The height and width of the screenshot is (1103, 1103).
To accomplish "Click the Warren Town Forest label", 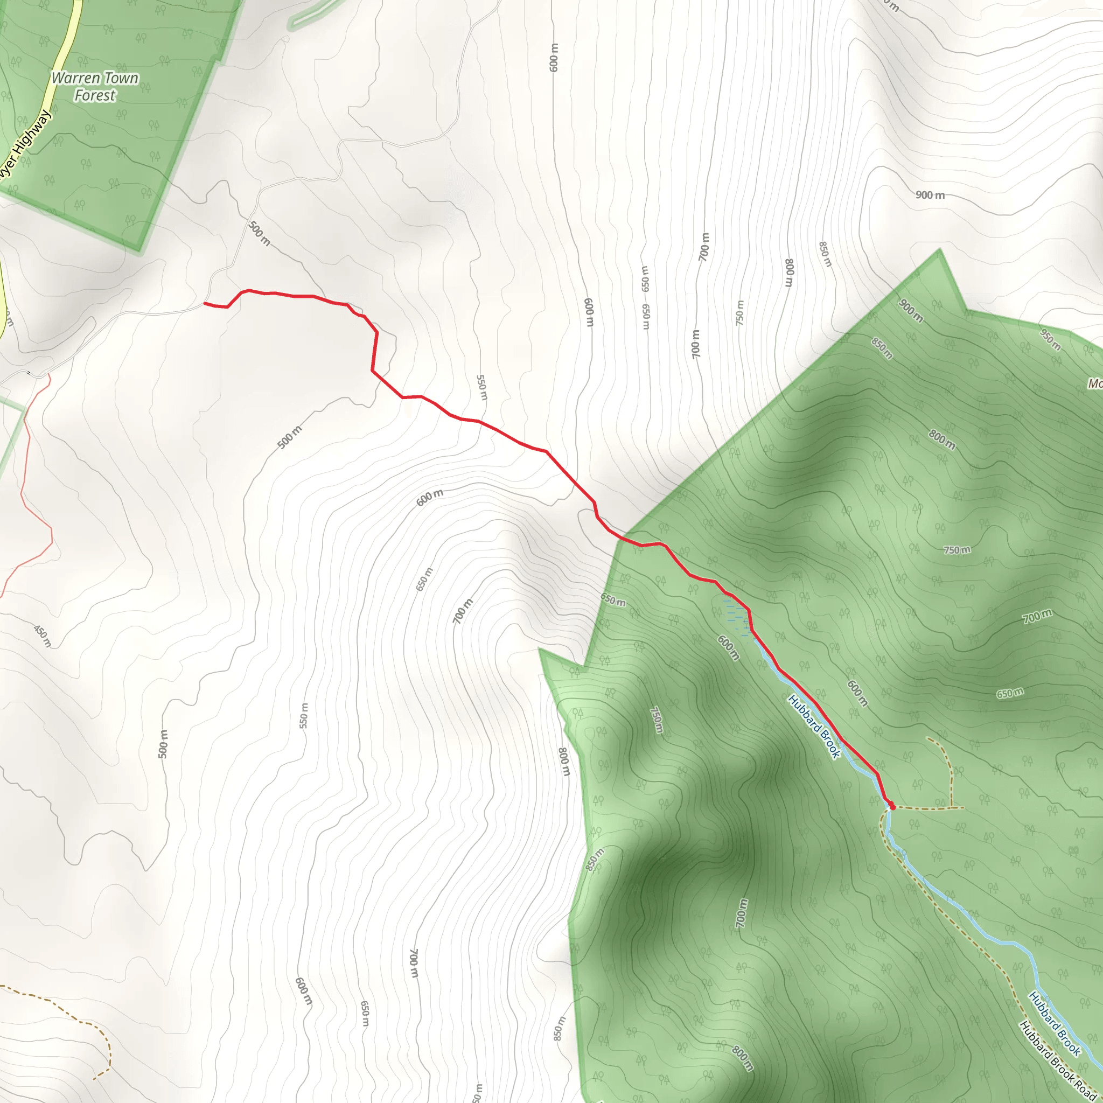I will coord(95,87).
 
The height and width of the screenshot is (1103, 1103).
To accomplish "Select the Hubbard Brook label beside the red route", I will coord(814,726).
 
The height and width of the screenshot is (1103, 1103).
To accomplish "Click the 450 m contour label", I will coord(42,636).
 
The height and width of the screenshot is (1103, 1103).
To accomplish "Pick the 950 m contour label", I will coord(1050,340).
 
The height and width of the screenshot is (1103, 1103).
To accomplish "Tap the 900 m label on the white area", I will coord(930,196).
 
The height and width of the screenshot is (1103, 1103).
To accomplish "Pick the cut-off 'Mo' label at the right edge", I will coord(1094,383).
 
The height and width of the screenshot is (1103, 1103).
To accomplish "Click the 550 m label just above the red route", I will coord(482,388).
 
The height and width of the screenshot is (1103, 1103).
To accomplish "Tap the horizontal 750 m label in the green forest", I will coord(957,550).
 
